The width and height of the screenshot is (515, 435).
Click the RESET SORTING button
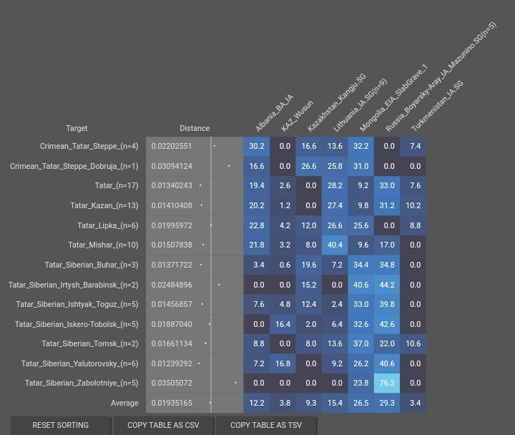coord(61,425)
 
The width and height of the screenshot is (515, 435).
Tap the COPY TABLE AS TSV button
coord(266,425)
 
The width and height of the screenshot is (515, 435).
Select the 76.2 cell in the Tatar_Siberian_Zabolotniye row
coord(387,383)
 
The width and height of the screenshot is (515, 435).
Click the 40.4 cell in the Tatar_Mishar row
coord(335,245)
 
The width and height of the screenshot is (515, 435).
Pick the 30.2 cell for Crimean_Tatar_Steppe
coord(257,146)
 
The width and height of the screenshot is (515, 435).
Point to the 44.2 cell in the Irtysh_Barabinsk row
coord(387,284)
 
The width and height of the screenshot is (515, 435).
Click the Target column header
coord(77,128)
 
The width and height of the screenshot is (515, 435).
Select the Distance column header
coord(195,128)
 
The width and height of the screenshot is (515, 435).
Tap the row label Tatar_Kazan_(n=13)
coord(104,205)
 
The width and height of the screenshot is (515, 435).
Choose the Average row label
coord(124,403)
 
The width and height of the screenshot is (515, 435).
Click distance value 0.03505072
coord(172,383)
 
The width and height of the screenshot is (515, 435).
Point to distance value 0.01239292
coord(172,363)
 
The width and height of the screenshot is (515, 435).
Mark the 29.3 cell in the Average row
coord(387,403)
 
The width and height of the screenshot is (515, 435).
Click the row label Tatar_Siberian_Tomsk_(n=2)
coord(90,343)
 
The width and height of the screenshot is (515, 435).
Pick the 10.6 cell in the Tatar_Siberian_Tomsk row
coord(413,343)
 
